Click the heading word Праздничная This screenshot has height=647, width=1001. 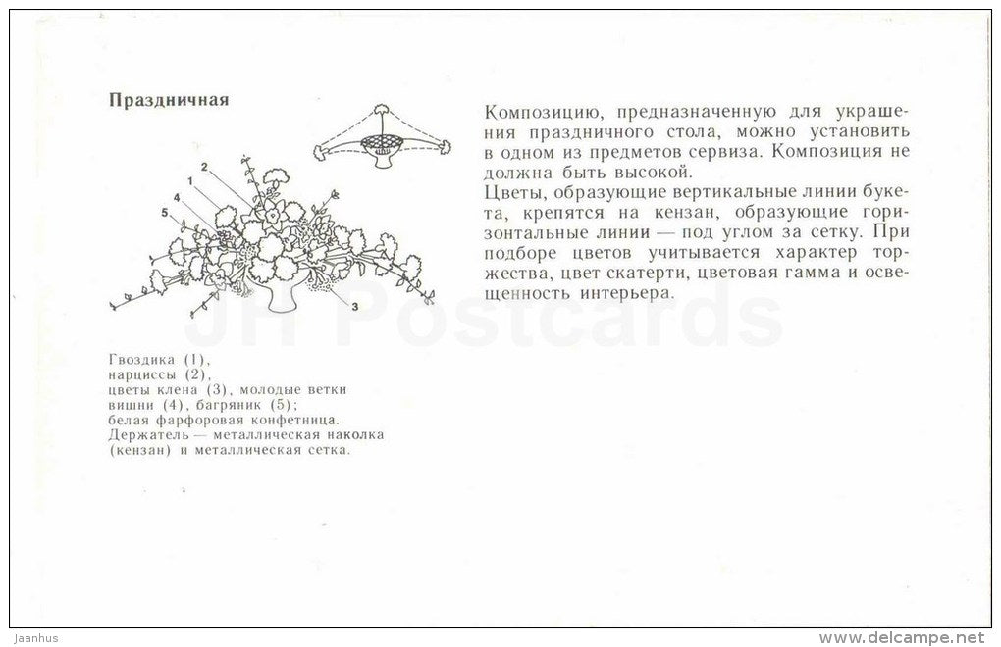(x=169, y=100)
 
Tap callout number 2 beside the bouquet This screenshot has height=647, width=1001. (x=204, y=166)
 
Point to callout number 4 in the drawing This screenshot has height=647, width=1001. (x=177, y=198)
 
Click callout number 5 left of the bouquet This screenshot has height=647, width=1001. (x=165, y=213)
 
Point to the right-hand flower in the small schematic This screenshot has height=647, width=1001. (x=444, y=147)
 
